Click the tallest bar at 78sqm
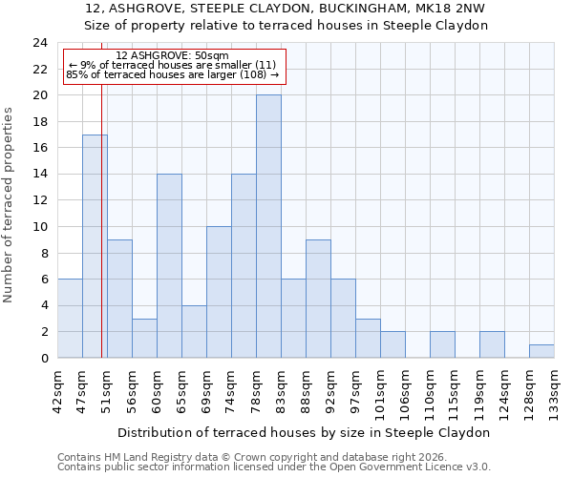point(268,226)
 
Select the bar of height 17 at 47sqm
point(95,246)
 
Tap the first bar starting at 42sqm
point(70,319)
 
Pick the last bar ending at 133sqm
point(541,351)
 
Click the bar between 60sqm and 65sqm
point(169,266)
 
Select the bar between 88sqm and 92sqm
point(318,299)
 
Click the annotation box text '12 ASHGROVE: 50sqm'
point(172,56)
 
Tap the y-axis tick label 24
point(39,43)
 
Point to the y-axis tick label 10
point(39,227)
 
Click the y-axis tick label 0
point(43,359)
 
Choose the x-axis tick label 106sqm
point(406,391)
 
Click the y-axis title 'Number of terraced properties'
point(9,204)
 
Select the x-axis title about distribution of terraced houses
point(303,432)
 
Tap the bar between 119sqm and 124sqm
point(492,344)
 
